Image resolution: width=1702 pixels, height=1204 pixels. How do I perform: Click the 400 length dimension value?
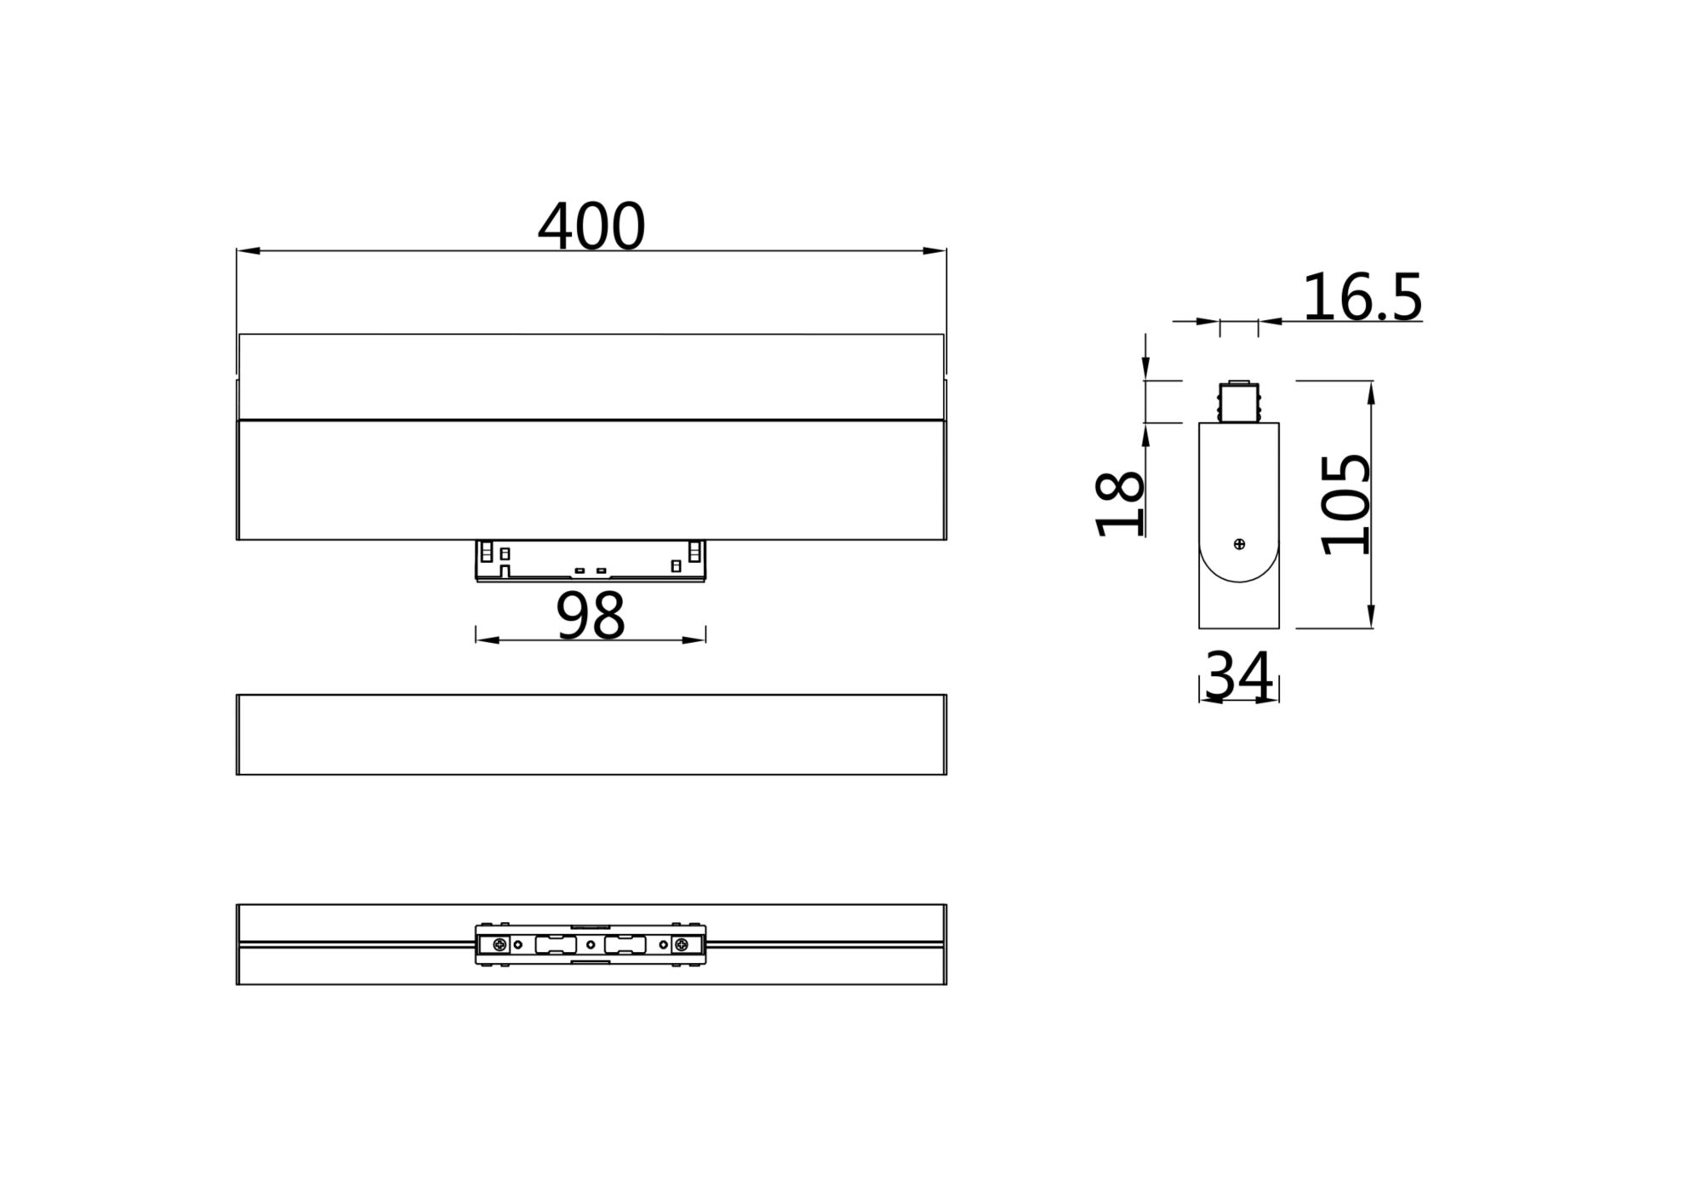(x=591, y=226)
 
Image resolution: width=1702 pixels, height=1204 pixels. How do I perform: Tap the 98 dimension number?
(x=591, y=616)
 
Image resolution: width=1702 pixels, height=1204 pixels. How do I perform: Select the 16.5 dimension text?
(x=1362, y=298)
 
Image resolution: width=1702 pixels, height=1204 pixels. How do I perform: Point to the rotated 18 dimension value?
(x=1121, y=503)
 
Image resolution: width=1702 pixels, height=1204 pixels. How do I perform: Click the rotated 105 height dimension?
(x=1346, y=504)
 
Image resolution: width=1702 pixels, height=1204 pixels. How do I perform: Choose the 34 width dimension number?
(x=1239, y=676)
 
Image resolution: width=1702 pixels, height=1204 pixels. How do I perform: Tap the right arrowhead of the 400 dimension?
(x=935, y=251)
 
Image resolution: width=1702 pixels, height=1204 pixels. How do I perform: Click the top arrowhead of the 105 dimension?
(x=1371, y=393)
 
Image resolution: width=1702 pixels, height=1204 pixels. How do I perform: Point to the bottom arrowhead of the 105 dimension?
(x=1371, y=616)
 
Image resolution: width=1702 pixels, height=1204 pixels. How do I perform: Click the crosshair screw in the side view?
(x=1239, y=543)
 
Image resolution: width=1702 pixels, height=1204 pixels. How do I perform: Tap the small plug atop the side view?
(x=1239, y=402)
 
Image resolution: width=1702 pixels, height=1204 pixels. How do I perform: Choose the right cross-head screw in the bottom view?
(x=681, y=944)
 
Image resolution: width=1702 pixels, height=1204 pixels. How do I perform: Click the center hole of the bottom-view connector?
(x=591, y=944)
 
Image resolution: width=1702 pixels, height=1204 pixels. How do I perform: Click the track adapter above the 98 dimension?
(x=591, y=560)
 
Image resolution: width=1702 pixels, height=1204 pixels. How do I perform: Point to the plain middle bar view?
(x=591, y=735)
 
